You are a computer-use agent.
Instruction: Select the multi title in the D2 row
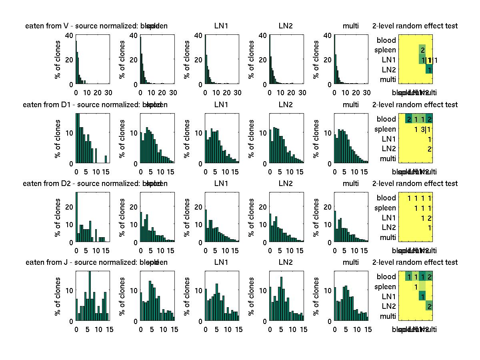pos(351,184)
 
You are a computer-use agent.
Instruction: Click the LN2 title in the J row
pos(286,262)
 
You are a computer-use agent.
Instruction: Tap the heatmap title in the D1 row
pos(415,105)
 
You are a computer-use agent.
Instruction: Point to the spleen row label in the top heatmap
pos(385,50)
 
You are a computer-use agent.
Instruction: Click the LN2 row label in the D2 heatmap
pos(389,228)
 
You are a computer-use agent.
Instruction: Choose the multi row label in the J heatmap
pos(388,316)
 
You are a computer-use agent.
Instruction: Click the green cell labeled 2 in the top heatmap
pos(422,50)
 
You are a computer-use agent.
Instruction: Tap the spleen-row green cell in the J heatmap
pos(416,286)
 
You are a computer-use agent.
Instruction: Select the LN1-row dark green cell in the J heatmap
pos(422,296)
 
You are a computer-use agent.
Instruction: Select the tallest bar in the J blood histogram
pos(90,296)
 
